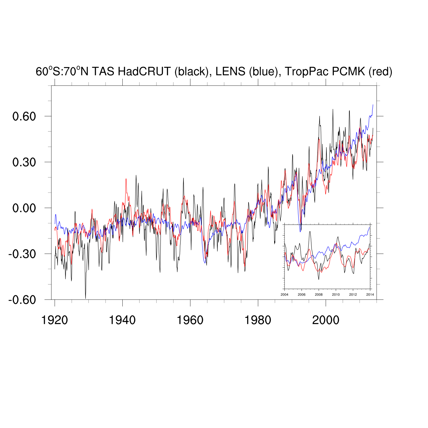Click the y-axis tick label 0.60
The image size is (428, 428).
pyautogui.click(x=24, y=116)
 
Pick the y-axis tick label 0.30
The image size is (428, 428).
pyautogui.click(x=24, y=162)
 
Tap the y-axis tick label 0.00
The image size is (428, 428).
pyautogui.click(x=24, y=208)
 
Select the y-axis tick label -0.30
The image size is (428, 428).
pyautogui.click(x=22, y=254)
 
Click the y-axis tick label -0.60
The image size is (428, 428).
pyautogui.click(x=22, y=300)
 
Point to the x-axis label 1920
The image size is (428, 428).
pyautogui.click(x=54, y=320)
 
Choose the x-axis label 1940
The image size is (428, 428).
pyautogui.click(x=122, y=320)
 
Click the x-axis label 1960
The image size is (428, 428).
pyautogui.click(x=190, y=320)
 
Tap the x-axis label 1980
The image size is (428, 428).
pyautogui.click(x=258, y=320)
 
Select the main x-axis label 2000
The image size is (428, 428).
pyautogui.click(x=326, y=320)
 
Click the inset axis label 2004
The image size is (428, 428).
pyautogui.click(x=284, y=294)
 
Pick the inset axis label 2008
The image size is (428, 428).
pyautogui.click(x=319, y=294)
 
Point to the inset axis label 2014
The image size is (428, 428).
pyautogui.click(x=370, y=294)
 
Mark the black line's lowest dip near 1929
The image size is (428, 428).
pyautogui.click(x=85, y=298)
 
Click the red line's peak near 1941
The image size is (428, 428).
pyautogui.click(x=126, y=179)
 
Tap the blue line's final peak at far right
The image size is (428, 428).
pyautogui.click(x=373, y=105)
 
